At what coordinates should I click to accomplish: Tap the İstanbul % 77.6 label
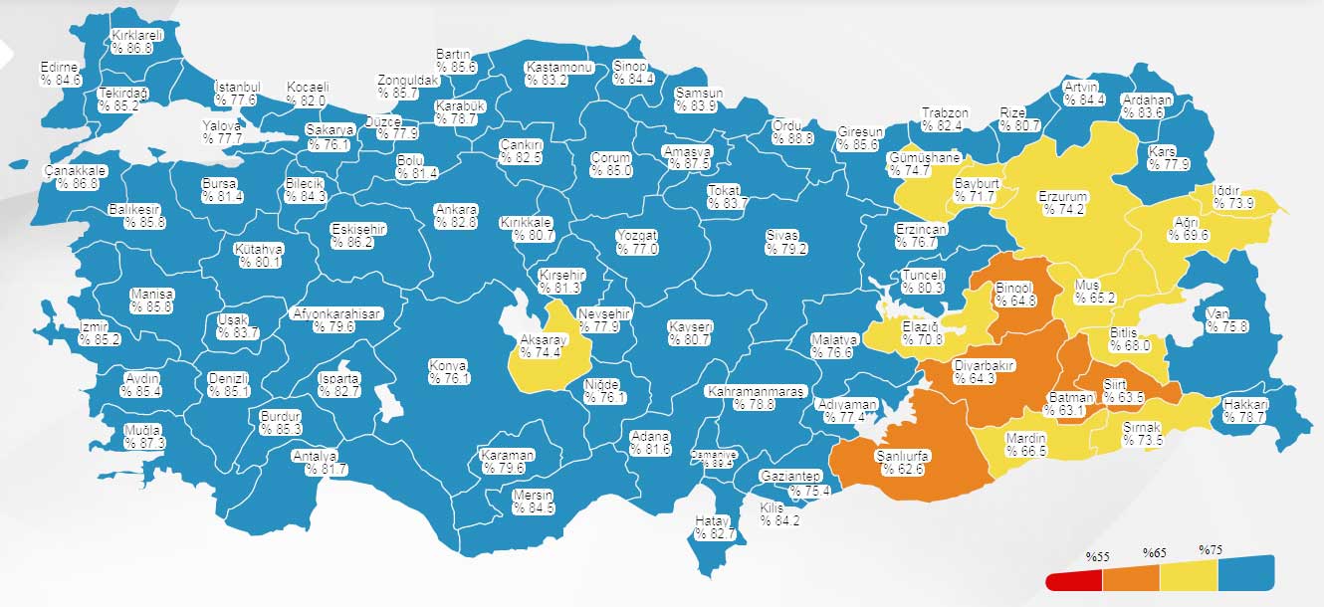[237, 94]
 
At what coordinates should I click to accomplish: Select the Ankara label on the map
[456, 216]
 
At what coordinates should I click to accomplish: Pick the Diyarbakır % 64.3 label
[984, 371]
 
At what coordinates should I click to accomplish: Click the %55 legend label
[1097, 555]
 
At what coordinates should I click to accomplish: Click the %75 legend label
[1210, 550]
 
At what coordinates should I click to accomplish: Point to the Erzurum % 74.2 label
[1062, 203]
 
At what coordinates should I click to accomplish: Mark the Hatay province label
[713, 527]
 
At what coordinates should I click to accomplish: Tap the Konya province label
[449, 371]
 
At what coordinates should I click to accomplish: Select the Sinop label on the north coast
[633, 73]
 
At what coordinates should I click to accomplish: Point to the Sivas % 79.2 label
[785, 242]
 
